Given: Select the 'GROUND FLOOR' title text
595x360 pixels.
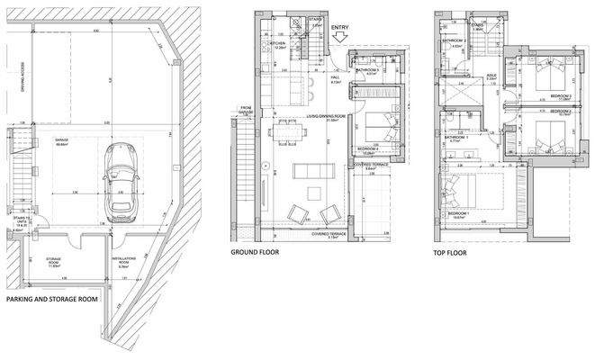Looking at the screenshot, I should (x=256, y=253).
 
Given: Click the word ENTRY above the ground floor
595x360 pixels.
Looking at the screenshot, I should (x=340, y=28).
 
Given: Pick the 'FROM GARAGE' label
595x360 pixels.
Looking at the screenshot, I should (x=247, y=111).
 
